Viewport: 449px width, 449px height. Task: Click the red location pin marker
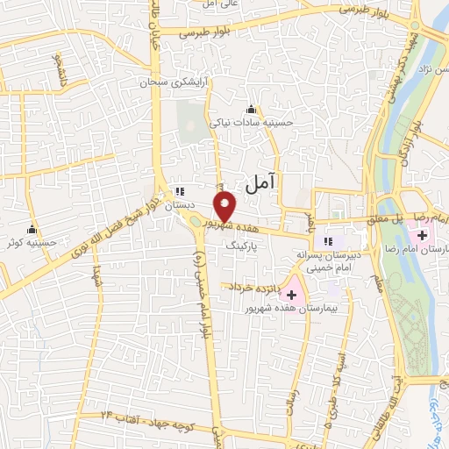click(x=225, y=206)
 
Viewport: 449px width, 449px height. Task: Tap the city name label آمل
click(x=261, y=182)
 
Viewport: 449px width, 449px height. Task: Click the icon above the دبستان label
click(x=180, y=190)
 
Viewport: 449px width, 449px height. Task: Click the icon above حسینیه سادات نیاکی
click(x=253, y=110)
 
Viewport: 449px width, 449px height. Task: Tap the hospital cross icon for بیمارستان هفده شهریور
click(x=290, y=295)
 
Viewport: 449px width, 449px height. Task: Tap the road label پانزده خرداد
click(x=254, y=287)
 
